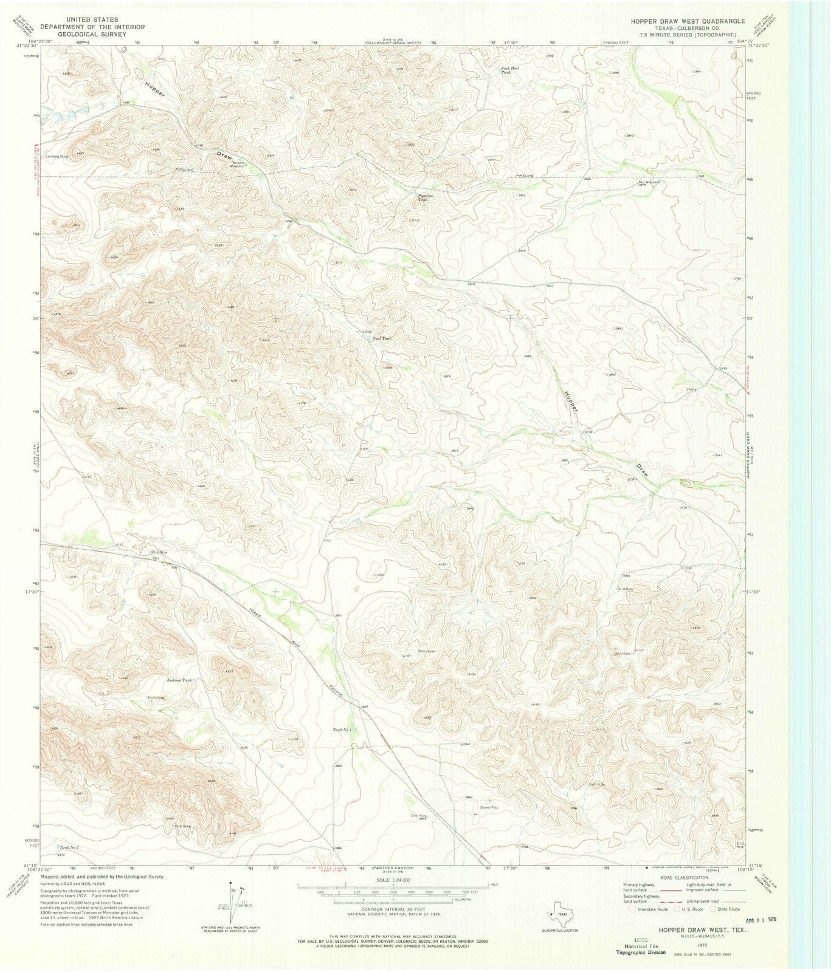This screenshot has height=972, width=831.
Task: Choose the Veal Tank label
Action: point(381,338)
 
